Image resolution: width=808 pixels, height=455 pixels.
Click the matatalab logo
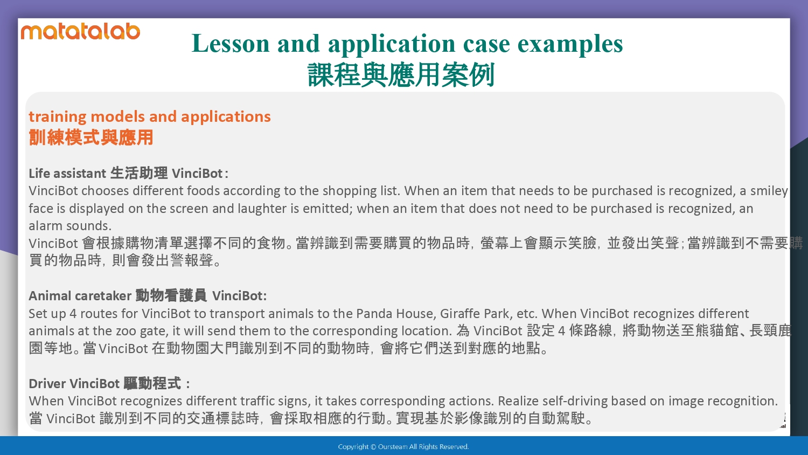[80, 32]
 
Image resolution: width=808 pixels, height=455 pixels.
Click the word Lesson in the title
[231, 44]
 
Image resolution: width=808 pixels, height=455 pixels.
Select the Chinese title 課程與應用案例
[401, 75]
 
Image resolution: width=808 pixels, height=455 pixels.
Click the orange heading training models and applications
[150, 117]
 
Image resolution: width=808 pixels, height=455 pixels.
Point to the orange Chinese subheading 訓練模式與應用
[91, 137]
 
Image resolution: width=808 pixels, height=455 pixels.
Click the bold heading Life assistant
[67, 174]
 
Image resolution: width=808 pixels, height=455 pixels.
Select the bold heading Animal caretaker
[80, 296]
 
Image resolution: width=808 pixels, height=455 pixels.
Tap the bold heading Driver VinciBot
[74, 383]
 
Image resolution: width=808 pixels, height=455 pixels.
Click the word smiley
[769, 191]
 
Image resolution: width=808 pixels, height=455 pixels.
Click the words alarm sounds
[70, 226]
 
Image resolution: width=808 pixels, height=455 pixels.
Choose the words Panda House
[396, 313]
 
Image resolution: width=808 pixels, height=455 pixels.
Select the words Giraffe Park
[476, 314]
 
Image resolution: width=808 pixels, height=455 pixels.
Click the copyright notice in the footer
[403, 447]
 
